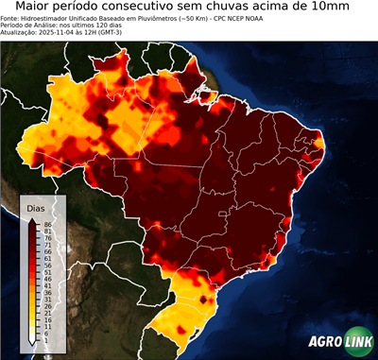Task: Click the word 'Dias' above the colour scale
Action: (37, 207)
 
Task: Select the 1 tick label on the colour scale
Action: (45, 341)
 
